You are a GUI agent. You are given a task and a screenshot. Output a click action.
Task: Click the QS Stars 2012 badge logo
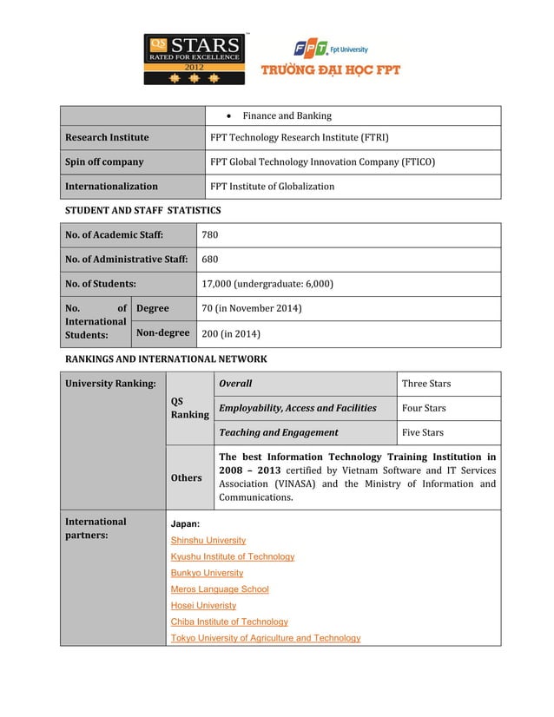click(x=195, y=59)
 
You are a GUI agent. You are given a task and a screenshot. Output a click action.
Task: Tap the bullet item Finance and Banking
click(x=287, y=115)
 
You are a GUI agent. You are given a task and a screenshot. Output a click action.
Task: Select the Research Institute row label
click(x=107, y=137)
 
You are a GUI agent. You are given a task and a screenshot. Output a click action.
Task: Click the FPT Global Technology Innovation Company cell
click(x=322, y=161)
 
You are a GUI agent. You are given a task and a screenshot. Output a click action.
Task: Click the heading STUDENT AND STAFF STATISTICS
click(x=143, y=210)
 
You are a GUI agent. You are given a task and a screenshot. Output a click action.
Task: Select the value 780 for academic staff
click(x=210, y=234)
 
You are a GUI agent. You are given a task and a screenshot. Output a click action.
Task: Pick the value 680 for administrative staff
click(x=210, y=259)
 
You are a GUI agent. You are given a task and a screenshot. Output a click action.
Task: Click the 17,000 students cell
click(x=267, y=283)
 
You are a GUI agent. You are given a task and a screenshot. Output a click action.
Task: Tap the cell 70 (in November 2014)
click(x=251, y=308)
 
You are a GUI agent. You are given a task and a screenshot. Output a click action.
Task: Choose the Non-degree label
click(x=162, y=332)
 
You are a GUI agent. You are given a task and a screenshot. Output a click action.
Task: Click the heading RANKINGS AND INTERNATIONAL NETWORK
click(x=166, y=358)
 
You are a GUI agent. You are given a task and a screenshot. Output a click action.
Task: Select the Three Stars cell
click(x=425, y=383)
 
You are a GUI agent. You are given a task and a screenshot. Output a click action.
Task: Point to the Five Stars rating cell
click(x=422, y=432)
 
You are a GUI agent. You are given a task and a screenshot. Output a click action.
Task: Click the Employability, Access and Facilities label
click(x=297, y=408)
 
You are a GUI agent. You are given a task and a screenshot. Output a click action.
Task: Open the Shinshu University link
click(x=208, y=540)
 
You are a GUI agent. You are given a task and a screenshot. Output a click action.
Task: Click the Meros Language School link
click(x=220, y=589)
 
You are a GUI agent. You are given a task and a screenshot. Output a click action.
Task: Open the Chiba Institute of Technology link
click(x=229, y=622)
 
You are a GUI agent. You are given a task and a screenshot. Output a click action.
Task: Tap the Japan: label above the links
click(x=185, y=524)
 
